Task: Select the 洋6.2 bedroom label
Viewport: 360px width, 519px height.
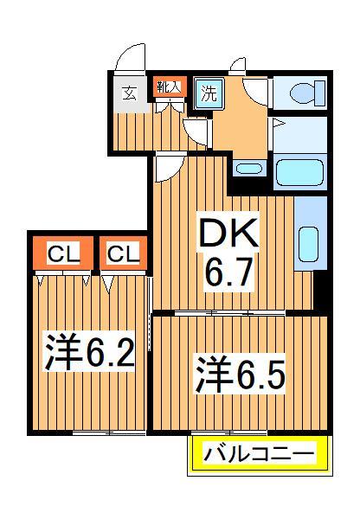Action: point(89,352)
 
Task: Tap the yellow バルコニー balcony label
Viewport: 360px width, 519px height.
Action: point(259,453)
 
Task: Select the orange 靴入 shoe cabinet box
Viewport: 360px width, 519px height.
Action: point(169,86)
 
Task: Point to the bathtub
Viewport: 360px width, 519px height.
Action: point(299,172)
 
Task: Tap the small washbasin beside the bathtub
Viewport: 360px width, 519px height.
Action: point(249,169)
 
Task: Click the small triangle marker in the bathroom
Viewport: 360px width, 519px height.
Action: point(278,125)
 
